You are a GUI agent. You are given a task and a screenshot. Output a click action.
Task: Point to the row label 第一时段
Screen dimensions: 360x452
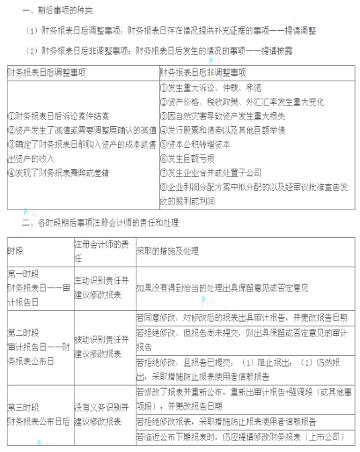coord(24,274)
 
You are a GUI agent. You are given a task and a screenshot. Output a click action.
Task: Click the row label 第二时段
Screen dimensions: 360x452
coord(24,332)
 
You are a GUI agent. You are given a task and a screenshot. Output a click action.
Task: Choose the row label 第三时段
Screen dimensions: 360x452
coord(24,407)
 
